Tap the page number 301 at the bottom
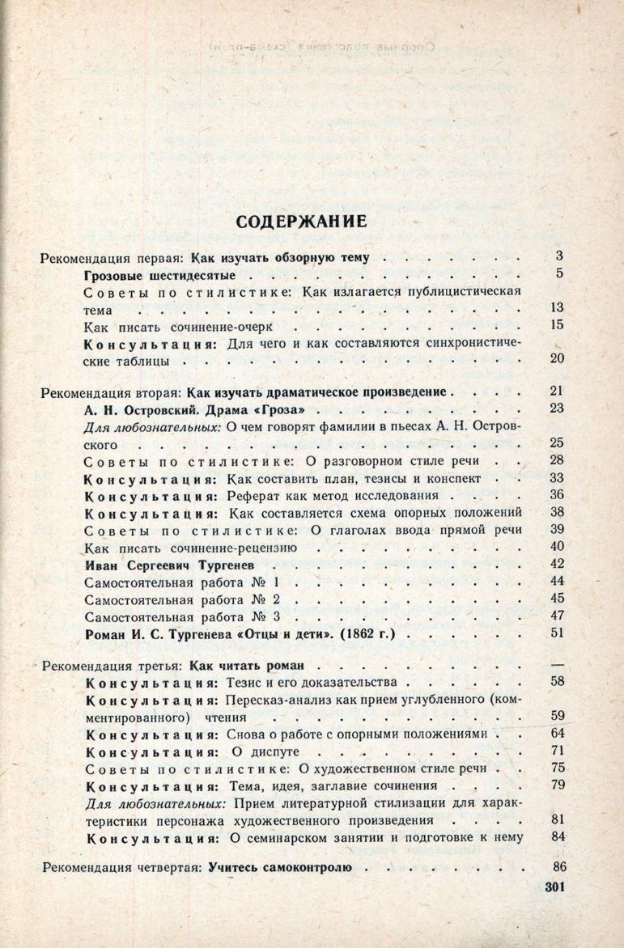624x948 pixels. pyautogui.click(x=549, y=887)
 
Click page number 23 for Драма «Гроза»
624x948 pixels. pyautogui.click(x=555, y=408)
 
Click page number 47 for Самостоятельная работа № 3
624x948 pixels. pyautogui.click(x=555, y=616)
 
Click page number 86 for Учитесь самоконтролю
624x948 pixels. pyautogui.click(x=557, y=867)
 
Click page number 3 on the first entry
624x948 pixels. pyautogui.click(x=558, y=257)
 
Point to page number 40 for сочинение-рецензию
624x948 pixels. pyautogui.click(x=555, y=546)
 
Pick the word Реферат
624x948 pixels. pyautogui.click(x=256, y=494)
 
